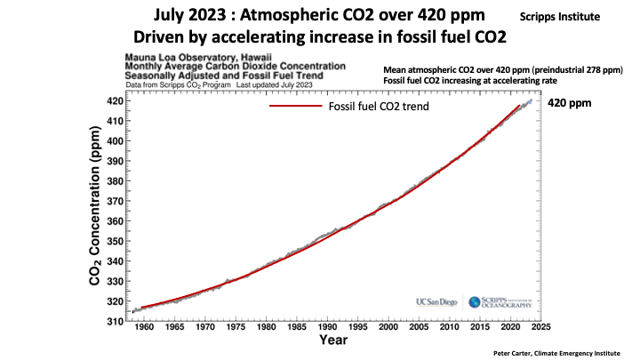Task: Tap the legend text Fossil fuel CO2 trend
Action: [x=378, y=107]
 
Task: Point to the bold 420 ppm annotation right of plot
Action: [x=570, y=103]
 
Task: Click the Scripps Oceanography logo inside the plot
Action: [x=499, y=302]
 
